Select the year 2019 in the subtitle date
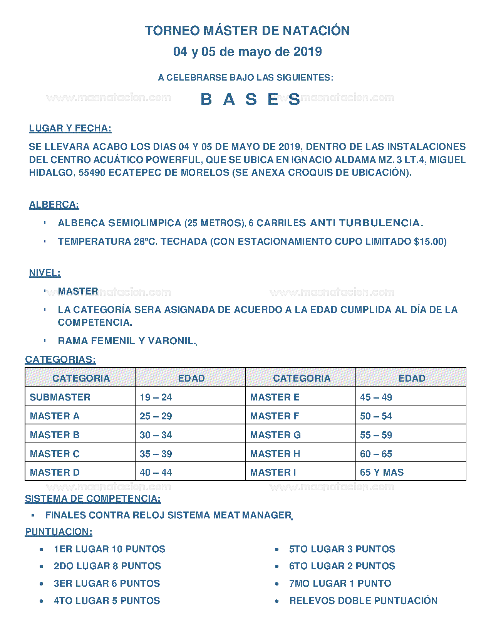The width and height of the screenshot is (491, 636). click(307, 52)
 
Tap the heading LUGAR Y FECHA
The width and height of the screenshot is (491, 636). click(70, 128)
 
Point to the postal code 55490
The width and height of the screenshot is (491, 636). click(92, 173)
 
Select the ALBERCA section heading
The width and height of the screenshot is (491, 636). click(54, 205)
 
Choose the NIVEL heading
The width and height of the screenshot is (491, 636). click(45, 273)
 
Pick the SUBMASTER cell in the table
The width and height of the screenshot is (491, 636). click(60, 397)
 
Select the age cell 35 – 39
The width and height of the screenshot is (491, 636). click(156, 454)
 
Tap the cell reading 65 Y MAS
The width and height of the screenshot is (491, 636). click(382, 473)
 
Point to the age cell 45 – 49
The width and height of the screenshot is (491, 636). click(376, 397)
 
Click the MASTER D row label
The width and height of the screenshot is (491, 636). click(55, 473)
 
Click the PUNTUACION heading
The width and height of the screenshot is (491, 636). click(59, 532)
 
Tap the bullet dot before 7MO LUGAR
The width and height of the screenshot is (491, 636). click(277, 584)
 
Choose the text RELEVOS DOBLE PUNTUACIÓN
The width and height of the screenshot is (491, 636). click(363, 601)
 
